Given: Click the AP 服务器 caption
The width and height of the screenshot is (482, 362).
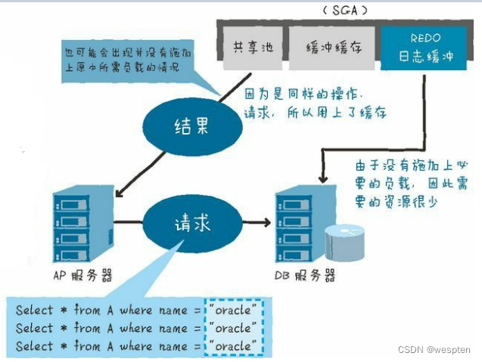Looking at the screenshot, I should pos(82,276).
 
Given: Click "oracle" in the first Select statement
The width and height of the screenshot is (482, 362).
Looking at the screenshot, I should pos(235,309).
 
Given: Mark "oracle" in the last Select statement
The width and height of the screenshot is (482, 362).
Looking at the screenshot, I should pos(235,346).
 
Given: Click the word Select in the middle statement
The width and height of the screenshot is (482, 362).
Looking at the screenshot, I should pos(35,328).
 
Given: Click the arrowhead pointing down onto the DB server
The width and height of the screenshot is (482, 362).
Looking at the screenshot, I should pos(324,179).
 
